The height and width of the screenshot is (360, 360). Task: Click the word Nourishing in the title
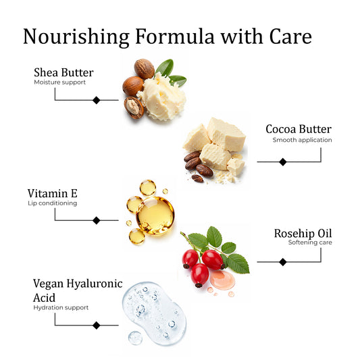[76, 36]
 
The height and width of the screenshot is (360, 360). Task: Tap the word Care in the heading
[290, 36]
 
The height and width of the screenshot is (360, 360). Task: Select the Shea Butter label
[63, 72]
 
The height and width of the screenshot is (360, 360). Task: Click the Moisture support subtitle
[59, 82]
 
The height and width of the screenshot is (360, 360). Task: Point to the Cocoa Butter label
[299, 129]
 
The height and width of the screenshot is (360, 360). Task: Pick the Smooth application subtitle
[302, 140]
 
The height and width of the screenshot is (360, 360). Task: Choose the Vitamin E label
[53, 193]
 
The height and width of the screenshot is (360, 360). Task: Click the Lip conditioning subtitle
[53, 203]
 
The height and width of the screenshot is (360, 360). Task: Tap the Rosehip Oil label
[303, 233]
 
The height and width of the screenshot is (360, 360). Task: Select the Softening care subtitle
[310, 242]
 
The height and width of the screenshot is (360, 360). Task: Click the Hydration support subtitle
[61, 307]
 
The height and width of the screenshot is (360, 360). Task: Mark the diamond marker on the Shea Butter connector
[97, 100]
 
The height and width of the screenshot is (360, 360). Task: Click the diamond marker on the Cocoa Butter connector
[283, 162]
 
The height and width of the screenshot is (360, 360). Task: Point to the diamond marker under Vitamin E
[97, 220]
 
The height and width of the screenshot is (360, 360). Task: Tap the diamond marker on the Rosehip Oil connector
[283, 262]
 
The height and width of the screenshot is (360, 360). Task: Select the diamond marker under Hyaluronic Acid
[97, 325]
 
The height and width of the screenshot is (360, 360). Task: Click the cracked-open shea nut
[134, 107]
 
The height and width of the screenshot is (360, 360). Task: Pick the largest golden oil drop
[155, 215]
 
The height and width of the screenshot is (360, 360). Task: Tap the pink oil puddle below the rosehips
[222, 280]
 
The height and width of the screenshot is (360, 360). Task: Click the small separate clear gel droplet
[135, 338]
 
